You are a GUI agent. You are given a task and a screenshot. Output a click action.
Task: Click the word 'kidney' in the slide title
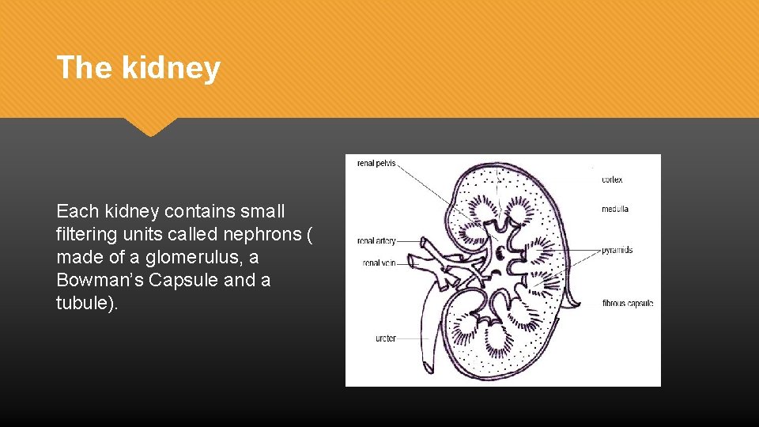(171, 68)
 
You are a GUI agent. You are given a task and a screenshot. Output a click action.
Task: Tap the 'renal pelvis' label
(376, 164)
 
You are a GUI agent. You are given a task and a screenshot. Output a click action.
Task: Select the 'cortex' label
(612, 179)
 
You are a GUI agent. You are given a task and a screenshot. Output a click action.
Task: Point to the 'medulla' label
(614, 210)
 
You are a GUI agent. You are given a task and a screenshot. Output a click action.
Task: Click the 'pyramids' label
(617, 250)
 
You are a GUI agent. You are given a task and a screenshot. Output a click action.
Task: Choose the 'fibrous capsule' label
(628, 303)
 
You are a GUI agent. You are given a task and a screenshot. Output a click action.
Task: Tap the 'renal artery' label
(376, 240)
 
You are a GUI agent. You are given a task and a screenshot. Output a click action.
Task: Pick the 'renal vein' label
(379, 263)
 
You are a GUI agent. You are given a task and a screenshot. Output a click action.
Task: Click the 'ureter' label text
(386, 338)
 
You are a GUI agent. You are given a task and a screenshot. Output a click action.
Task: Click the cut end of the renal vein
(412, 262)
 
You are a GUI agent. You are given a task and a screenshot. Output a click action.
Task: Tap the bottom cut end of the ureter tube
(428, 367)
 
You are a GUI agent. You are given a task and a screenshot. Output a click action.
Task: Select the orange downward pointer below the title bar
(150, 127)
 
